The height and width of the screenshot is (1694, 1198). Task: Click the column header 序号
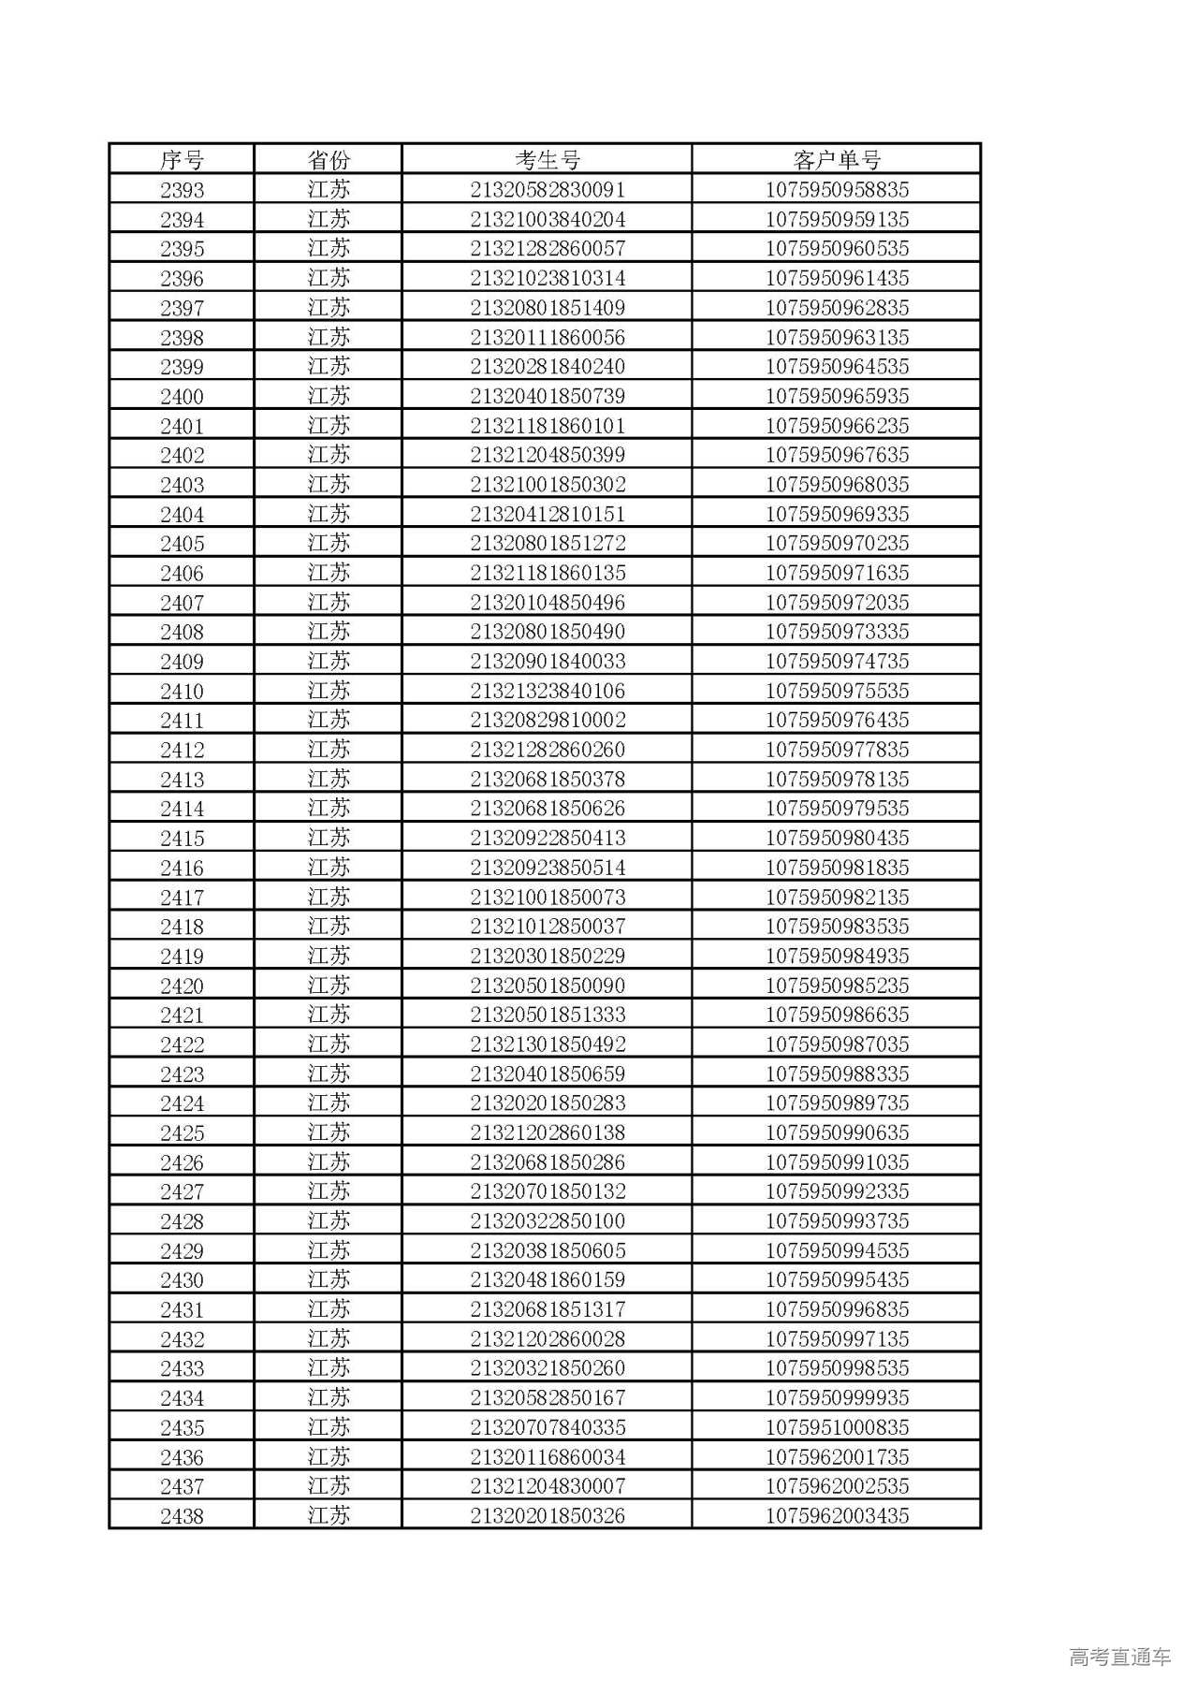pyautogui.click(x=182, y=160)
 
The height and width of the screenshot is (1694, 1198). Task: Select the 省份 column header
pyautogui.click(x=329, y=160)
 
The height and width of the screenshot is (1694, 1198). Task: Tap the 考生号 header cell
pyautogui.click(x=548, y=160)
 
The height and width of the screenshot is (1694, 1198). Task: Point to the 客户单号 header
pyautogui.click(x=837, y=160)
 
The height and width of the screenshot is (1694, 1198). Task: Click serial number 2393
pyautogui.click(x=182, y=190)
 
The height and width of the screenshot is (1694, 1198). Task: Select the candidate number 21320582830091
pyautogui.click(x=548, y=190)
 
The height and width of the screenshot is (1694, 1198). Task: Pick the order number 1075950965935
pyautogui.click(x=837, y=396)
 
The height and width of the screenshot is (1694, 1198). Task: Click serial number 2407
pyautogui.click(x=182, y=603)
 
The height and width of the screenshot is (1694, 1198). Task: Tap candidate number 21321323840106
pyautogui.click(x=548, y=691)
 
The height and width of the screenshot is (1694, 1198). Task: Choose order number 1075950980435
pyautogui.click(x=837, y=838)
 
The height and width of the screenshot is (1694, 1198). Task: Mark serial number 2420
pyautogui.click(x=182, y=986)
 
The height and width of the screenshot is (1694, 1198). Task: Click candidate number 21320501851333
pyautogui.click(x=548, y=1015)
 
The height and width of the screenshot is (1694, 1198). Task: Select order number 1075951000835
pyautogui.click(x=837, y=1427)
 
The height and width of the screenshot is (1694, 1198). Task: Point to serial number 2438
pyautogui.click(x=182, y=1516)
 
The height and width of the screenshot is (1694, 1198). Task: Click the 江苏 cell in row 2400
pyautogui.click(x=329, y=396)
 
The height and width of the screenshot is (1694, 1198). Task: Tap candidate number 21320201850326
pyautogui.click(x=548, y=1516)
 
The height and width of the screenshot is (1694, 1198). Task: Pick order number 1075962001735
pyautogui.click(x=837, y=1457)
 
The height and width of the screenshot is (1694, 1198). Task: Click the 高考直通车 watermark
pyautogui.click(x=1119, y=1657)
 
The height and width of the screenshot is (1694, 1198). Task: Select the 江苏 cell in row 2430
pyautogui.click(x=329, y=1279)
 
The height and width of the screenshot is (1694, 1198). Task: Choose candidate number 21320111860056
pyautogui.click(x=548, y=337)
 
